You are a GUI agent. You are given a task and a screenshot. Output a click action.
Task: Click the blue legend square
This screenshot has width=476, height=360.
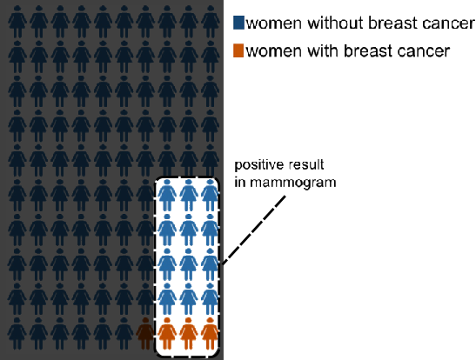point(238,23)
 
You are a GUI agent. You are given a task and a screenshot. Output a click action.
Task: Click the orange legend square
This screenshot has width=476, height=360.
point(238,50)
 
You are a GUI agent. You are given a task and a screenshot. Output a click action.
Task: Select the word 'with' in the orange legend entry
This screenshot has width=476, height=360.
point(322,50)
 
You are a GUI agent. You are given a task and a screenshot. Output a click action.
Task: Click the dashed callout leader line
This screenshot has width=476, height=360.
point(254,230)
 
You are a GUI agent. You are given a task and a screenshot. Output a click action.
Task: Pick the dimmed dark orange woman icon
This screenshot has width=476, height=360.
point(145,334)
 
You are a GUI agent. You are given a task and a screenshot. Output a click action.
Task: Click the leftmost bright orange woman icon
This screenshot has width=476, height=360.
point(167,334)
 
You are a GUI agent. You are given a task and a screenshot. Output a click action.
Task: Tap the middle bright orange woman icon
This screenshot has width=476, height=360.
point(188,334)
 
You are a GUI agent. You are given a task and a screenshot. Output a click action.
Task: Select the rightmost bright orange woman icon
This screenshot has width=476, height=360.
point(210,334)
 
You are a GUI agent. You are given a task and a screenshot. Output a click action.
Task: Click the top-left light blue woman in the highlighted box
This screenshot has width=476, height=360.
point(167,196)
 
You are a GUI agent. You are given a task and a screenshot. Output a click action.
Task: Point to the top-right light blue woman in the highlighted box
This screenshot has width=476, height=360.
point(210,196)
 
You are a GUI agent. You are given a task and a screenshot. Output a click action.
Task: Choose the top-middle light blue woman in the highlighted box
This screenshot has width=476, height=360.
point(188,196)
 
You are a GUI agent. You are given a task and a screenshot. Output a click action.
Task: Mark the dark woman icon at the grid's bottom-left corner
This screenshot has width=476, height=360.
point(17,334)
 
